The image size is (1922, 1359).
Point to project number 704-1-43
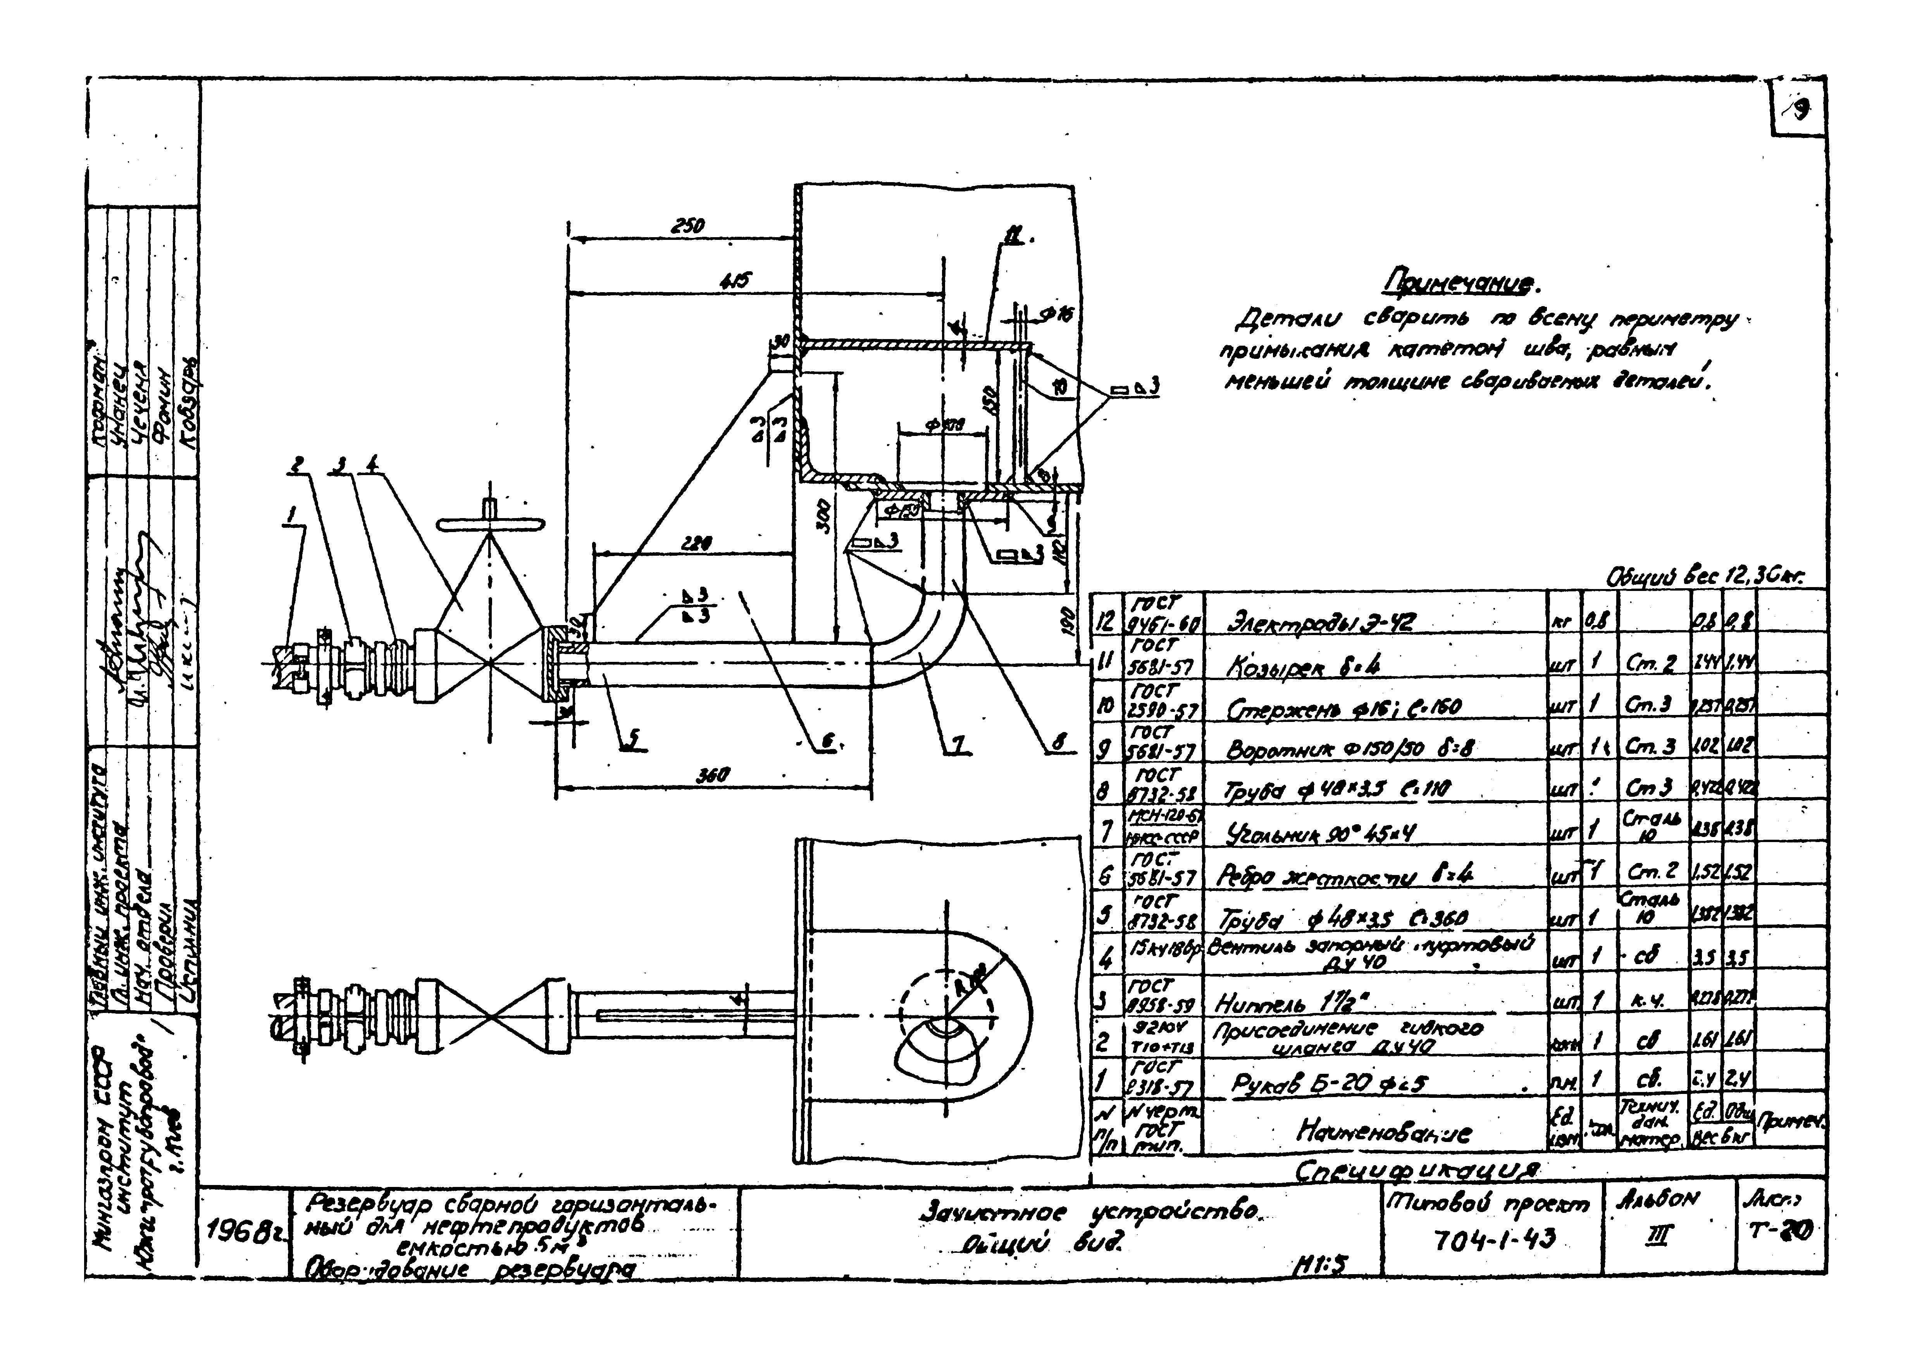1493,1239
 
